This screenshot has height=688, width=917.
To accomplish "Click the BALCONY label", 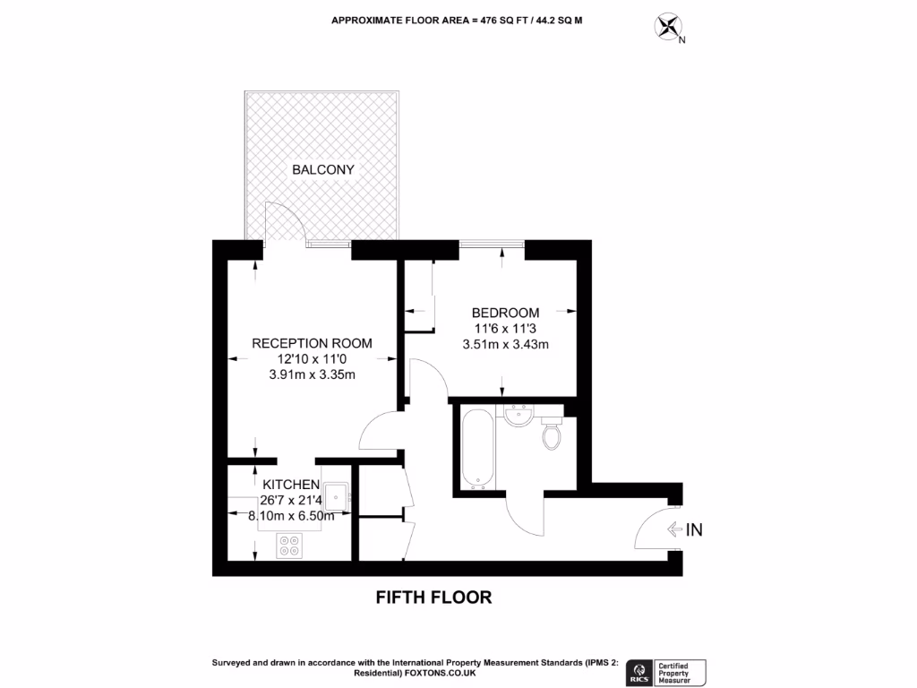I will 323,169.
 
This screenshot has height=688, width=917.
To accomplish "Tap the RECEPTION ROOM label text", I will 312,343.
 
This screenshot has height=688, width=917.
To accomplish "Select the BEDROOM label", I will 505,313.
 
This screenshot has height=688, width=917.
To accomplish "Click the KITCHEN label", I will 291,485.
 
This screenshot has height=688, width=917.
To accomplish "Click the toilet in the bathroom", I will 552,436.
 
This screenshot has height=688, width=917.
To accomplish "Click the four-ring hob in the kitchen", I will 289,546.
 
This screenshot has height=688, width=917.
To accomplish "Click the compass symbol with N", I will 668,27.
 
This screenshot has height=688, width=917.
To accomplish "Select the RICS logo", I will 639,672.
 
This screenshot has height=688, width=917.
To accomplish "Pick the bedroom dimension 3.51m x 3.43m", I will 505,344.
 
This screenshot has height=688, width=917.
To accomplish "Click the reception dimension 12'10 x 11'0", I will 312,359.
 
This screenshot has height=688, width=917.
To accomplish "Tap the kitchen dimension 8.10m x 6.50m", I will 291,516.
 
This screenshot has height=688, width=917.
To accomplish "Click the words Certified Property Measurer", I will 681,672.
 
